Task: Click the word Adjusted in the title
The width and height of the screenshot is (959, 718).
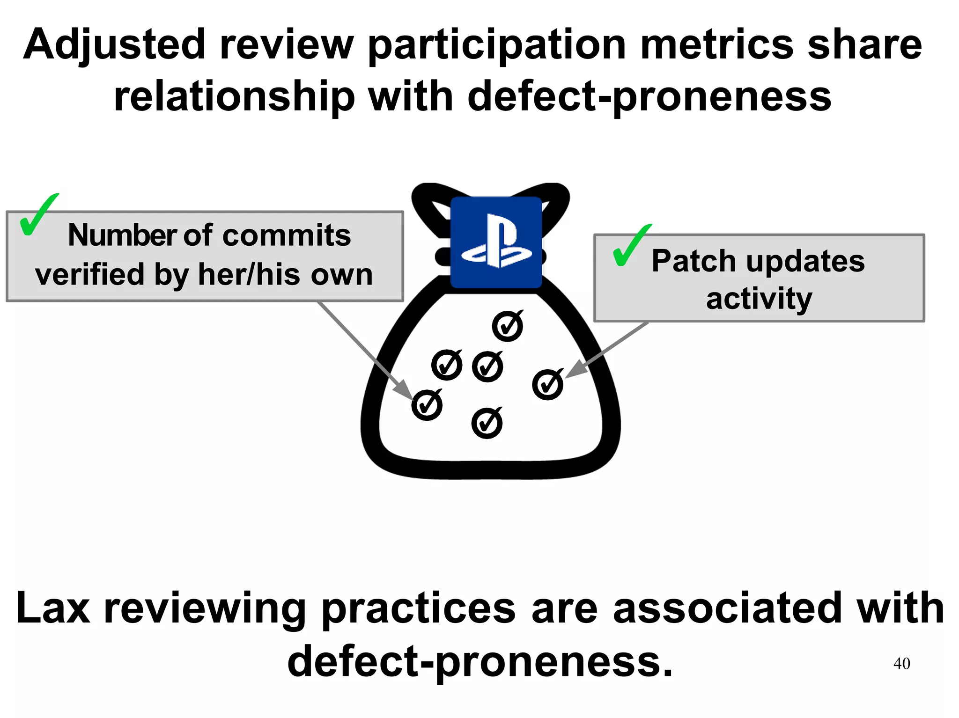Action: (115, 45)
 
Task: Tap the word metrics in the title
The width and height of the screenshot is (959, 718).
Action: (716, 45)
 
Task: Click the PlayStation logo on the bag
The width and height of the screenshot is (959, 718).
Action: (496, 242)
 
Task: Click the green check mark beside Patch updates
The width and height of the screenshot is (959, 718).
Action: (631, 245)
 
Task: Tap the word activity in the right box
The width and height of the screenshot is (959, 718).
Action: (759, 299)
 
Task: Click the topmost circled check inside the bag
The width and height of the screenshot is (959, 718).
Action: (508, 326)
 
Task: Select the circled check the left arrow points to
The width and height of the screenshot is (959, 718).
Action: (427, 405)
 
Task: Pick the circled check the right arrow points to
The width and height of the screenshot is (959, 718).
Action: (547, 385)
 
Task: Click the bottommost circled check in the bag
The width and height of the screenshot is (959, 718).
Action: (487, 423)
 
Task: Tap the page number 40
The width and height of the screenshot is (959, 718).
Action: (901, 663)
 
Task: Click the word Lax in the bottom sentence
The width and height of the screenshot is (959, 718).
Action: (53, 608)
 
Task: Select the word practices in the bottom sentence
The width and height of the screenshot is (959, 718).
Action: (419, 608)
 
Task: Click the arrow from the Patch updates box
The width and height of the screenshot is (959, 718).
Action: (609, 349)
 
